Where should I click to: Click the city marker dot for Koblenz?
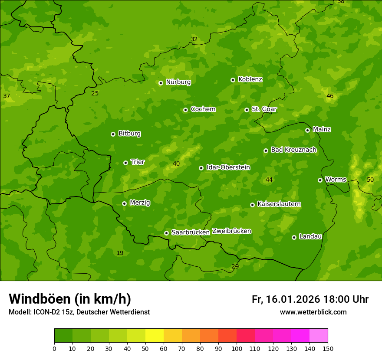233,80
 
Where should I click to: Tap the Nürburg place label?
178,82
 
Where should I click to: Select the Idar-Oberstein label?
228,167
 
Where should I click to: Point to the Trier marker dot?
126,163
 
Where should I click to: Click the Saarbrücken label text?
190,232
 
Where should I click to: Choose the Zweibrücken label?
231,231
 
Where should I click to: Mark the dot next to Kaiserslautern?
253,205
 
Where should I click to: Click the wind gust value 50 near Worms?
370,180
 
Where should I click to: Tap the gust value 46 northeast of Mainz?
330,96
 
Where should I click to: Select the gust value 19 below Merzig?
120,253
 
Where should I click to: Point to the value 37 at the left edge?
7,96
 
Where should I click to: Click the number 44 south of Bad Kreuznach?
269,180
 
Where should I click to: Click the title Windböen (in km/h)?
69,299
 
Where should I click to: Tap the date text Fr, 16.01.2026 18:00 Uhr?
310,299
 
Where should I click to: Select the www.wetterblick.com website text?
313,312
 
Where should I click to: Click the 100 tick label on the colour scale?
237,348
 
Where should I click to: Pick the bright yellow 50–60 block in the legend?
155,335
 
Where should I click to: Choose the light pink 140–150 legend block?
319,335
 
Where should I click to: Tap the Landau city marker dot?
294,237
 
